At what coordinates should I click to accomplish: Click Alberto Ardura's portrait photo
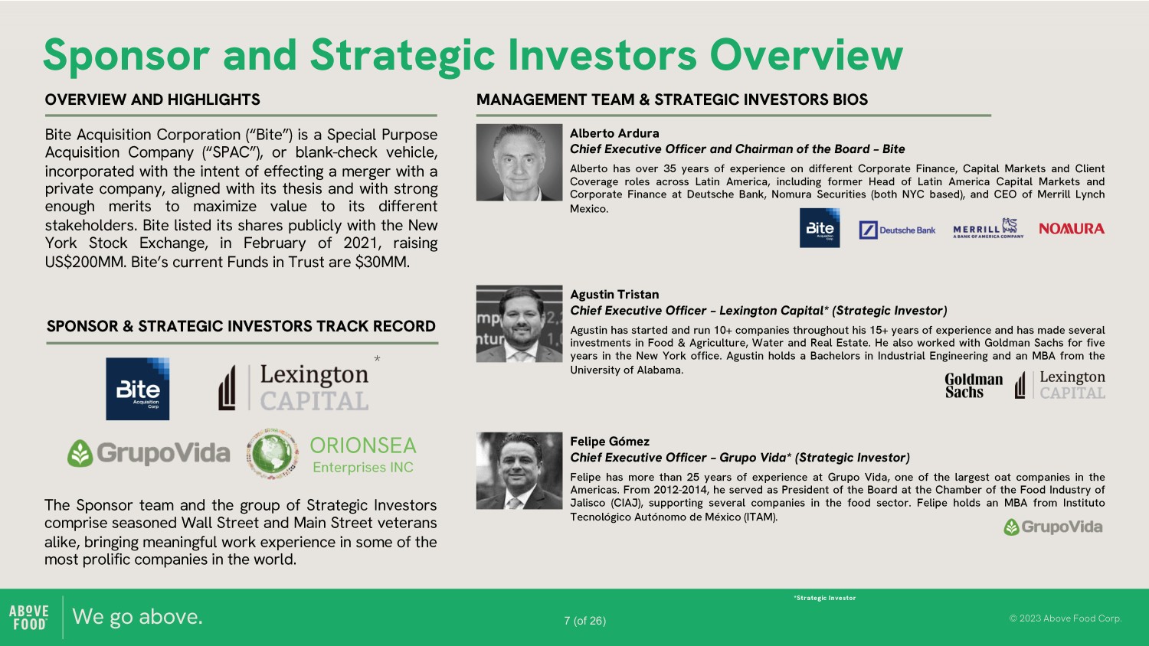[519, 162]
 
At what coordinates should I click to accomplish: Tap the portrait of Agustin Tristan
[519, 324]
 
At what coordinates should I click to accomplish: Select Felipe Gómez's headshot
[519, 471]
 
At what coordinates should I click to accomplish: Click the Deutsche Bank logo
[897, 230]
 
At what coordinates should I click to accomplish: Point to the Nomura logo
[1072, 229]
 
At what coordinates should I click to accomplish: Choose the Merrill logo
[988, 229]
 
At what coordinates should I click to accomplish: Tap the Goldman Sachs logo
[974, 386]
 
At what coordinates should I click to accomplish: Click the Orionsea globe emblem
[272, 454]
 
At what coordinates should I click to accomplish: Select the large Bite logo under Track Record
[137, 389]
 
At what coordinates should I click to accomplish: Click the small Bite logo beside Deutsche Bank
[820, 227]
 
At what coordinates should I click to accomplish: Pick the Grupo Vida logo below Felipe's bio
[1053, 527]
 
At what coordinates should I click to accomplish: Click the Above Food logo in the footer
[29, 617]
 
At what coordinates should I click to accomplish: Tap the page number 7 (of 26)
[584, 621]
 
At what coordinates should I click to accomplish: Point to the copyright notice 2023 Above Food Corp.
[1066, 618]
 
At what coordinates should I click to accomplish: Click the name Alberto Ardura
[614, 133]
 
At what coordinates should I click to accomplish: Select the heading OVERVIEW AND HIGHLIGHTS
[152, 100]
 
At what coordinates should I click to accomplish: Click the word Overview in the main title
[806, 55]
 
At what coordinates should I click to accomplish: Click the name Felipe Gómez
[610, 442]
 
